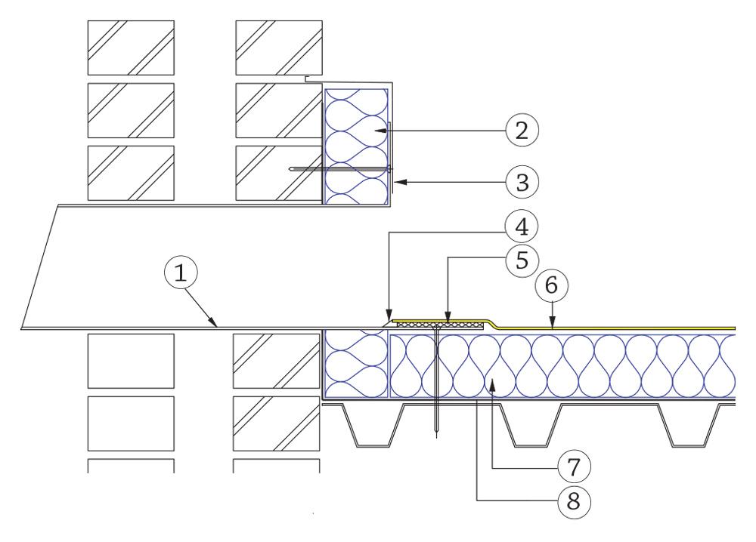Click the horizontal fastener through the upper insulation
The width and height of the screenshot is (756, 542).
coord(340,169)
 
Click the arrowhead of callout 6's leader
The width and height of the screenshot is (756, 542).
coord(553,327)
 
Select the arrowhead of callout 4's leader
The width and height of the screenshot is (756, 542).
coord(387,320)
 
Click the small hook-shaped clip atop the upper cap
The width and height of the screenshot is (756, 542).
coord(310,79)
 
